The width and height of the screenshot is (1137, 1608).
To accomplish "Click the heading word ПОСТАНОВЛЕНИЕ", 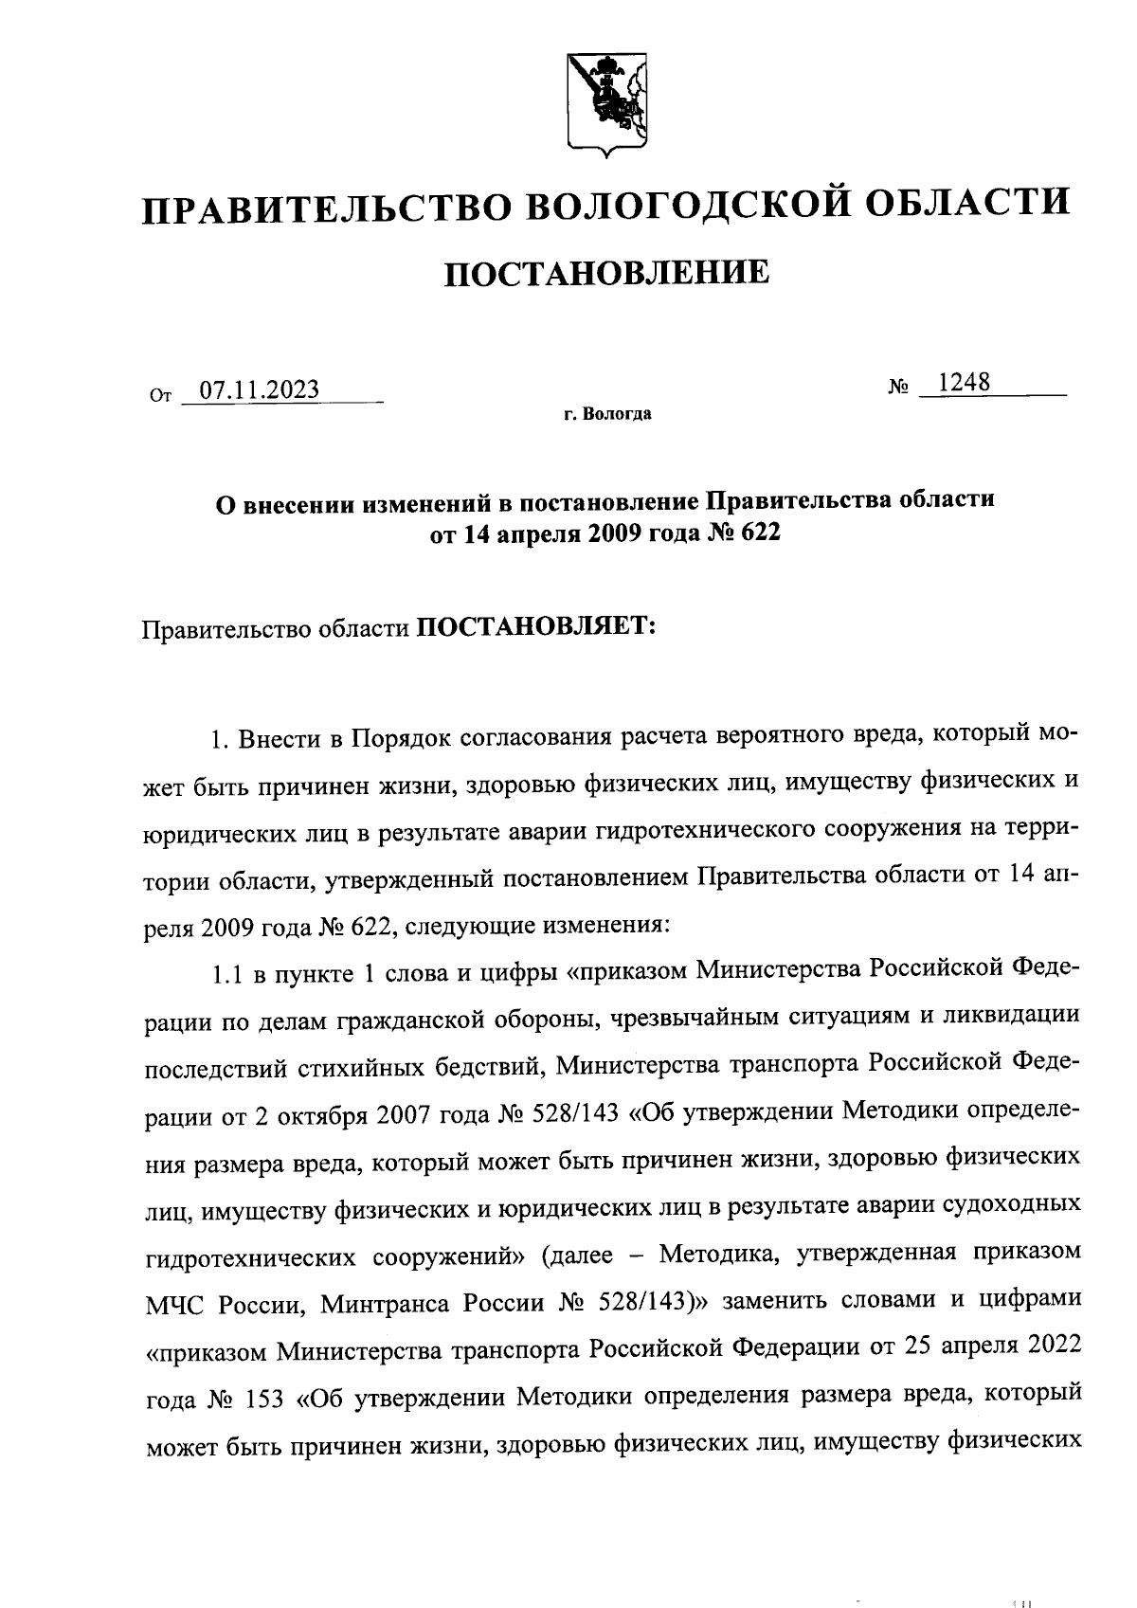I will click(x=606, y=274).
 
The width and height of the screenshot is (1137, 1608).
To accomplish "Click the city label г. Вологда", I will click(x=606, y=415).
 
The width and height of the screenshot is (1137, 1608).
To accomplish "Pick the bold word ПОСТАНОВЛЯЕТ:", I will click(x=536, y=627).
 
